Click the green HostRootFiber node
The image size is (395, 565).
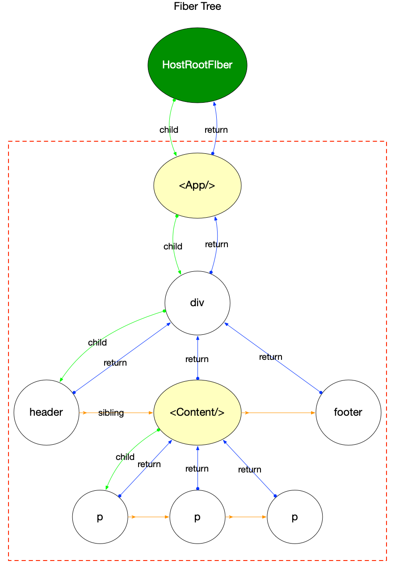tap(197, 65)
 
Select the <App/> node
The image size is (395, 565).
tap(197, 186)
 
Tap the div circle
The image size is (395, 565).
tap(197, 303)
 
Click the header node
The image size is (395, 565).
tap(46, 412)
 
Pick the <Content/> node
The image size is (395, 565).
tap(197, 412)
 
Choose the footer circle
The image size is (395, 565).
tap(348, 412)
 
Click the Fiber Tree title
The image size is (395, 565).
tap(197, 6)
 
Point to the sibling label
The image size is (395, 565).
tap(111, 413)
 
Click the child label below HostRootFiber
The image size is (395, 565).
tap(169, 130)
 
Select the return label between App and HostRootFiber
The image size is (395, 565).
tap(216, 130)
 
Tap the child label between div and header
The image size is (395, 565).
tap(97, 342)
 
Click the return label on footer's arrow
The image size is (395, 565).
tap(270, 357)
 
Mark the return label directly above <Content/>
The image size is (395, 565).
tap(197, 359)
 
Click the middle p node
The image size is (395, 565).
tap(197, 517)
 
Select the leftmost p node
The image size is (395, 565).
tap(100, 517)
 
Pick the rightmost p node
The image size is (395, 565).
tap(294, 517)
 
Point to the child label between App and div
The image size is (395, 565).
tap(172, 246)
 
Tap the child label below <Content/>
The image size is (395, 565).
tap(125, 457)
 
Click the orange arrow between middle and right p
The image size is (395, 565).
tap(246, 517)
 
